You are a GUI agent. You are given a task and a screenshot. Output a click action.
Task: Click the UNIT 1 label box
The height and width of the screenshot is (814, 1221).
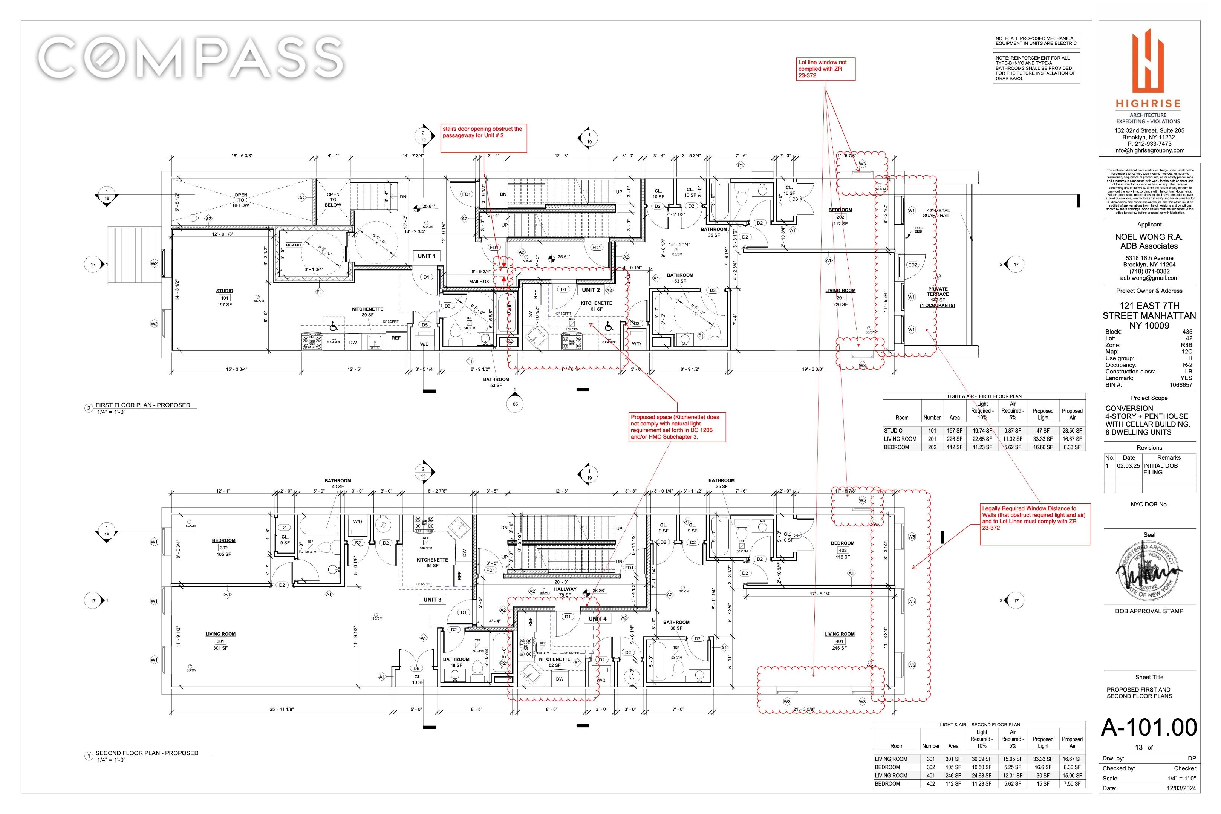(x=426, y=256)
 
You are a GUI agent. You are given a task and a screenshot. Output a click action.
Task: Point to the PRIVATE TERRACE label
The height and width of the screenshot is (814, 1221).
(x=938, y=292)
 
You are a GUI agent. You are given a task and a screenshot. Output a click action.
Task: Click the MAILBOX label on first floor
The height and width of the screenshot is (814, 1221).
(x=479, y=282)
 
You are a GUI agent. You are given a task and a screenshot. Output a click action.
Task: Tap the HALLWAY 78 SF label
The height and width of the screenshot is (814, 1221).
(x=565, y=592)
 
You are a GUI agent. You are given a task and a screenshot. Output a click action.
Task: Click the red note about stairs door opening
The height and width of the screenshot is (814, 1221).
(x=483, y=132)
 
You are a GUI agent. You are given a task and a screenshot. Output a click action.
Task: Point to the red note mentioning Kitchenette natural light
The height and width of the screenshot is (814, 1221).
(x=676, y=427)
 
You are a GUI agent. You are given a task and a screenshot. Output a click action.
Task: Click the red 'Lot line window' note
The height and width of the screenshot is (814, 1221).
(x=825, y=69)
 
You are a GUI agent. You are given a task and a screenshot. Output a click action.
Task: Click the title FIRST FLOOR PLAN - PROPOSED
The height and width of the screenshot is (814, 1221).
(x=143, y=405)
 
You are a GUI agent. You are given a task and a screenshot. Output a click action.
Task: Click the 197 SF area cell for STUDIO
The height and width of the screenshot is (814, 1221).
(x=954, y=431)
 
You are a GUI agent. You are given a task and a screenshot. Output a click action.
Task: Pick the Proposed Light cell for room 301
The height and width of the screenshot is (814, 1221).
(x=1042, y=759)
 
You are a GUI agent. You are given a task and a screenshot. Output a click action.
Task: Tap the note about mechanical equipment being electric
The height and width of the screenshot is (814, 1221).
(x=1036, y=41)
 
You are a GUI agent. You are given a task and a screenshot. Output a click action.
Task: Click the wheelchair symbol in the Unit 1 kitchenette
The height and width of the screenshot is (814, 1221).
(x=333, y=326)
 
